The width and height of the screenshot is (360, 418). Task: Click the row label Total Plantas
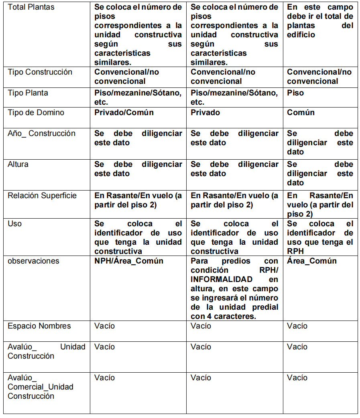[x=31, y=7]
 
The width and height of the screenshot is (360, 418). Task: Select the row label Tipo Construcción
[x=40, y=72]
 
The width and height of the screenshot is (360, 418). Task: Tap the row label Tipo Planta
[x=28, y=93]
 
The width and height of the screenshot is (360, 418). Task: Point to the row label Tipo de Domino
[x=36, y=113]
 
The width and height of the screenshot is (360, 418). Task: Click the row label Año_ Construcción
[x=41, y=134]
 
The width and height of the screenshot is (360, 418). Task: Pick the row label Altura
[x=18, y=164]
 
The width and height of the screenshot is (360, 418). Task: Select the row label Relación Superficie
[x=42, y=196]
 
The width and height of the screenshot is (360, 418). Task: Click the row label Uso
[x=15, y=224]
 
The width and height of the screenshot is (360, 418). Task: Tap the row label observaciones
[x=33, y=261]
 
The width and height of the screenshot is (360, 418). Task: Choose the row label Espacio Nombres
[x=39, y=326]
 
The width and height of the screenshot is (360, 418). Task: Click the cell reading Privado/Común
[x=124, y=113]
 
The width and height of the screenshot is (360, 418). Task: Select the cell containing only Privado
[x=205, y=113]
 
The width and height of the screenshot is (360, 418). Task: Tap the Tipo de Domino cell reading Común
[x=301, y=113]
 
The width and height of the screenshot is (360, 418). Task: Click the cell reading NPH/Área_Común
[x=128, y=261]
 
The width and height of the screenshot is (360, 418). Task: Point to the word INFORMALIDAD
[x=222, y=280]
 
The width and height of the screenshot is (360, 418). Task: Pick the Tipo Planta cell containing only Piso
[x=295, y=93]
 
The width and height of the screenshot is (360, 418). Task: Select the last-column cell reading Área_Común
[x=312, y=261]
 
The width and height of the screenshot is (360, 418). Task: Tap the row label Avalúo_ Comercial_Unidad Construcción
[x=40, y=387]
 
